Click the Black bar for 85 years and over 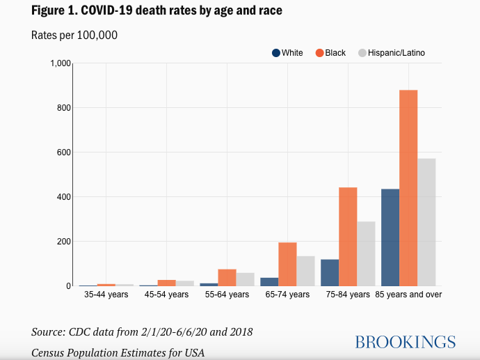pos(408,188)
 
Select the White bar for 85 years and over pos(390,237)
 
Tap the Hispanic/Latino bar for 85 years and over pos(426,222)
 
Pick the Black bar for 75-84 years pos(348,237)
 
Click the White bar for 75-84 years pos(330,272)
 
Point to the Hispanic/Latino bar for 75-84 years pos(366,253)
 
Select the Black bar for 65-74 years pos(287,264)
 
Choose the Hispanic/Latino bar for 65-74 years pos(305,271)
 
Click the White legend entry pos(288,53)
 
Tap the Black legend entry pos(330,53)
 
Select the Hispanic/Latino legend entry pos(391,53)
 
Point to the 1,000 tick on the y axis pos(61,63)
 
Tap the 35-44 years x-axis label pos(106,295)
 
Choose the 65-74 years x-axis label pos(287,295)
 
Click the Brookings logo pos(405,342)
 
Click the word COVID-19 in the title pos(116,11)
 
